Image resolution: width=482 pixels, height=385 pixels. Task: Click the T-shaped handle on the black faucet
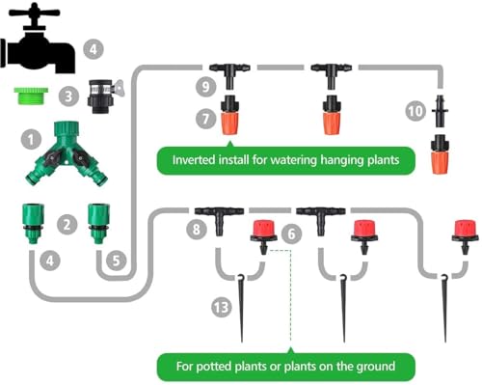[x=34, y=13]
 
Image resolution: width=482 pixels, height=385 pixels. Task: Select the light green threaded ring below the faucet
[x=31, y=96]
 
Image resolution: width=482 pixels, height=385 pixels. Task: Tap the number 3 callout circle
[x=68, y=96]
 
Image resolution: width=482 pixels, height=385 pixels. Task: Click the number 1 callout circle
[x=31, y=140]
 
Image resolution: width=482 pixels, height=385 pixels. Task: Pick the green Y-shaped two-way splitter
[x=67, y=153]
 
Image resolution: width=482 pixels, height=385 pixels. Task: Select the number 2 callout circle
[x=67, y=224]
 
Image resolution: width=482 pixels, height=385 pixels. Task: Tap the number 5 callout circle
[x=117, y=261]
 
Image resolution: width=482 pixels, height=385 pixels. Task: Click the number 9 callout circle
[x=205, y=86]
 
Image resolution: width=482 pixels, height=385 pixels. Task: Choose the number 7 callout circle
[x=205, y=119]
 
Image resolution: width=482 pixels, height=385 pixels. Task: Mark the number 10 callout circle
[x=415, y=111]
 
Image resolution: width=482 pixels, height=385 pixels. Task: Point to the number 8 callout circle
[x=196, y=229]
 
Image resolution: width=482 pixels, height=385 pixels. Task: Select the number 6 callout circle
[x=291, y=234]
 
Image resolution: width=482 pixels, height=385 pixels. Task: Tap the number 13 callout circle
[x=222, y=307]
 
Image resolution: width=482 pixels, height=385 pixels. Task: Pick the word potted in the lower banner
[x=215, y=367]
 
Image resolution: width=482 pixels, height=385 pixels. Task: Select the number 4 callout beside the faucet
[x=94, y=49]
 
